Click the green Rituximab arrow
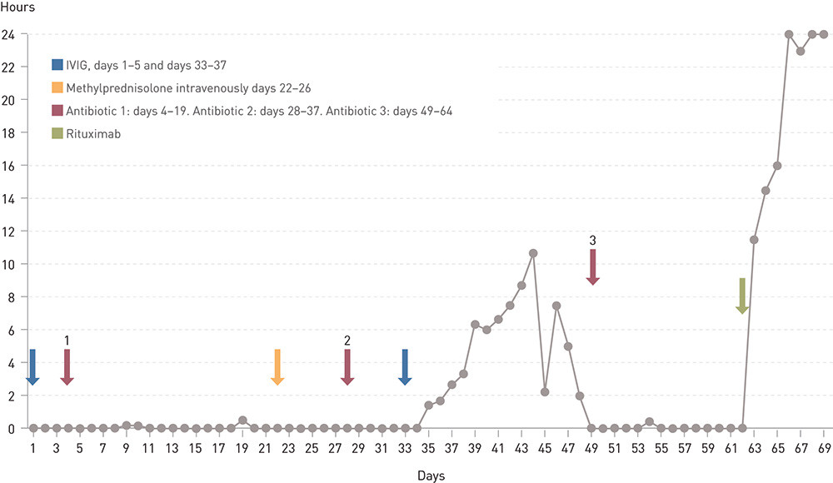(x=742, y=296)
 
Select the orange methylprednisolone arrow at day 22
(x=277, y=366)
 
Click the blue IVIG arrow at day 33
(x=405, y=366)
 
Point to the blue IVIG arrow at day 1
(x=32, y=366)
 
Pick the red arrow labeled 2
(x=347, y=366)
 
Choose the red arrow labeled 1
(x=67, y=366)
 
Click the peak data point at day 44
(x=533, y=252)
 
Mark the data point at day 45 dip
(x=545, y=391)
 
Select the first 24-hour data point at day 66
(x=789, y=34)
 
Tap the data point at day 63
(x=754, y=240)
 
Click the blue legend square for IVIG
(x=57, y=65)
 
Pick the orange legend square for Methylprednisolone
(x=57, y=87)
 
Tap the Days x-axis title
(x=431, y=476)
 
